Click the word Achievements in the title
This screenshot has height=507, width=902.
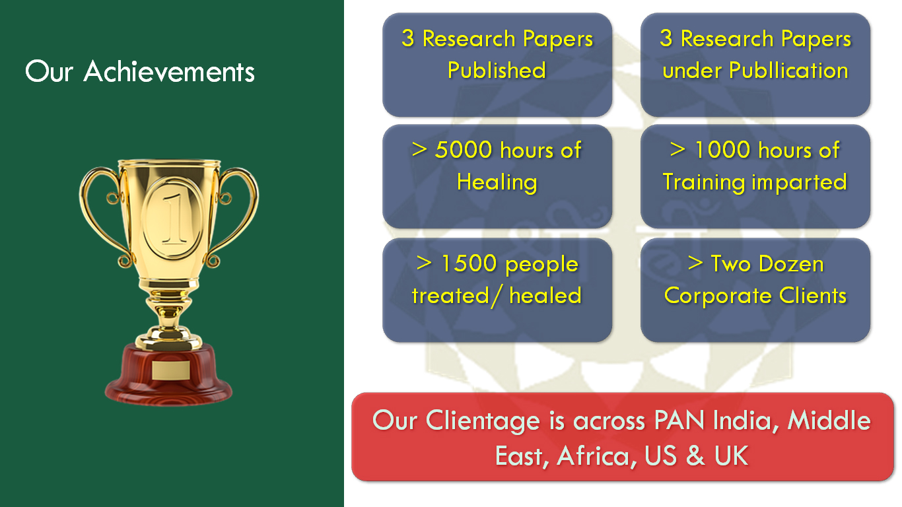click(x=169, y=72)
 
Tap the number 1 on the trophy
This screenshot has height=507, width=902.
click(x=174, y=219)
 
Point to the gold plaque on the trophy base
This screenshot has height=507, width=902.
click(x=171, y=370)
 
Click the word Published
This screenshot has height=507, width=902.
click(x=497, y=70)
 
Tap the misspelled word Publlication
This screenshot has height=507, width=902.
click(x=789, y=71)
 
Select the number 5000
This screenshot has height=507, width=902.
click(x=464, y=150)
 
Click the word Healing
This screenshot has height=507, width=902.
click(x=497, y=182)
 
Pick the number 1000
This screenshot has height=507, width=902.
click(x=723, y=150)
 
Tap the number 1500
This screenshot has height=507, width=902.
click(x=469, y=263)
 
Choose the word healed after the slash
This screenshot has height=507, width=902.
click(x=545, y=295)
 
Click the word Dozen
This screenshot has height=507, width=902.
click(x=791, y=264)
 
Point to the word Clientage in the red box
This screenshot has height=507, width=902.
click(x=483, y=421)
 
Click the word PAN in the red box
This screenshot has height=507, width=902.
click(x=679, y=420)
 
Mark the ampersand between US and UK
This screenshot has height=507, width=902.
click(x=695, y=456)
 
